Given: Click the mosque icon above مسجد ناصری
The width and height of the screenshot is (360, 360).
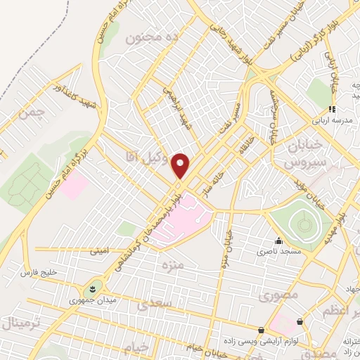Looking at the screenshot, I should click(x=278, y=240).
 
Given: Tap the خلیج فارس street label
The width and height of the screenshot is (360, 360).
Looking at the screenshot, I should click(x=38, y=271).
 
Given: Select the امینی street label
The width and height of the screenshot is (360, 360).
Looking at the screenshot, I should click(x=99, y=250).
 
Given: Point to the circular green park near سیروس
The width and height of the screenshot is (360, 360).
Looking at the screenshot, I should click(x=303, y=224).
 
